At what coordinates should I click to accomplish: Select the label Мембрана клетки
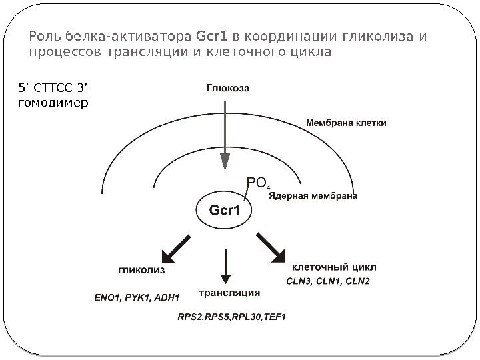tap(345, 123)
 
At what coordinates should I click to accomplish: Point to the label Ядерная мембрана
tap(313, 196)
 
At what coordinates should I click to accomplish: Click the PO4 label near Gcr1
tap(257, 182)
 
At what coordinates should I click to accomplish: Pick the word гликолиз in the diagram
tap(142, 271)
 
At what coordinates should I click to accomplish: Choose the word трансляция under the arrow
tap(229, 292)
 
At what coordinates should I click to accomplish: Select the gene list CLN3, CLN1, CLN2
tap(327, 281)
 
